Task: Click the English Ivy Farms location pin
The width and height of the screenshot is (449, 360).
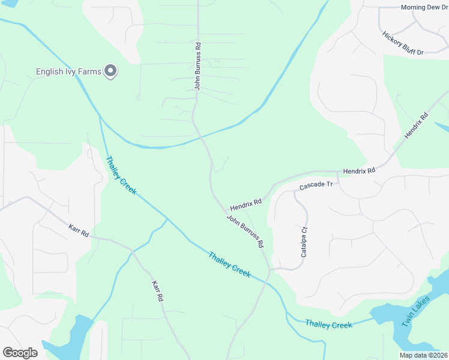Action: [110, 71]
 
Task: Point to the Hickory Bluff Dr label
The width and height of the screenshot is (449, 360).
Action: [403, 43]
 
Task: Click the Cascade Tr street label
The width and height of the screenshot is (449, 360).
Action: [316, 186]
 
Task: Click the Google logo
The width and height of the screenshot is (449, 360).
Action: [20, 353]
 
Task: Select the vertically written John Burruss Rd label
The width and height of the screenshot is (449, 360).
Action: [197, 66]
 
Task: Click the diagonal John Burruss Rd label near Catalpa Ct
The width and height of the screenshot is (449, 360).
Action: [246, 232]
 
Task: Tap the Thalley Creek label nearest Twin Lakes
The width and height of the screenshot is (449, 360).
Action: [328, 325]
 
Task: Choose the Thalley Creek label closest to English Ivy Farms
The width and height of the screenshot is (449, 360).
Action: [121, 176]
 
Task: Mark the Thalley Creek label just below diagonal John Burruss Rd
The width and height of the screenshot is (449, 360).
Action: [229, 265]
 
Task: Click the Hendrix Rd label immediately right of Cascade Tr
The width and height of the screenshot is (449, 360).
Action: [359, 171]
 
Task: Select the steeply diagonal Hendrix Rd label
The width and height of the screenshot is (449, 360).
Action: [417, 126]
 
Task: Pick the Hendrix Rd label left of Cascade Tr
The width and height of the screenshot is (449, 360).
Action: [246, 203]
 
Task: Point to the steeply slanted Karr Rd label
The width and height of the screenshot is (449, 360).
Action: [157, 290]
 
